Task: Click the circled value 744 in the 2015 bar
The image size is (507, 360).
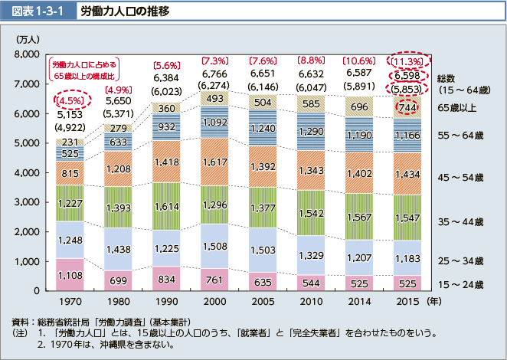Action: point(407,109)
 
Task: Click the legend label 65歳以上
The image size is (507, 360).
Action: point(456,107)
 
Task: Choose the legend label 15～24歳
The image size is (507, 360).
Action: point(460,284)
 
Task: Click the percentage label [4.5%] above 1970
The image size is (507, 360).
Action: point(70,100)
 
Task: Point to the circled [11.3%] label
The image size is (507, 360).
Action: point(407,61)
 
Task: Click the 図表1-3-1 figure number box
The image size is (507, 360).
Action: point(38,13)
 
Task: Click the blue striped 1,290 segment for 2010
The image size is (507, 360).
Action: point(311,132)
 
